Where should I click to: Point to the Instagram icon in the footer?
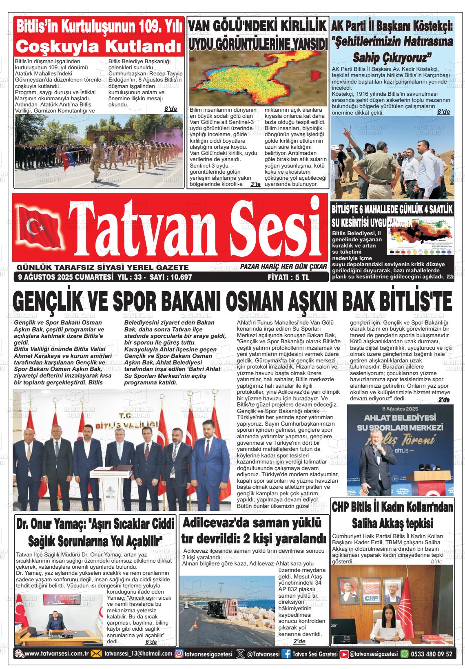pos(179,654)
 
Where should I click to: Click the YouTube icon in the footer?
pos(344,654)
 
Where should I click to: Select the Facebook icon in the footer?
pos(286,654)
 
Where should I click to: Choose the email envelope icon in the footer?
pos(96,654)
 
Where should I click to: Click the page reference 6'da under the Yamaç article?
pos(151,642)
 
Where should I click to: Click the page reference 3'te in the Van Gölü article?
pos(255,184)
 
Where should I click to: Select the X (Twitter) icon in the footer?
pos(240,654)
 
